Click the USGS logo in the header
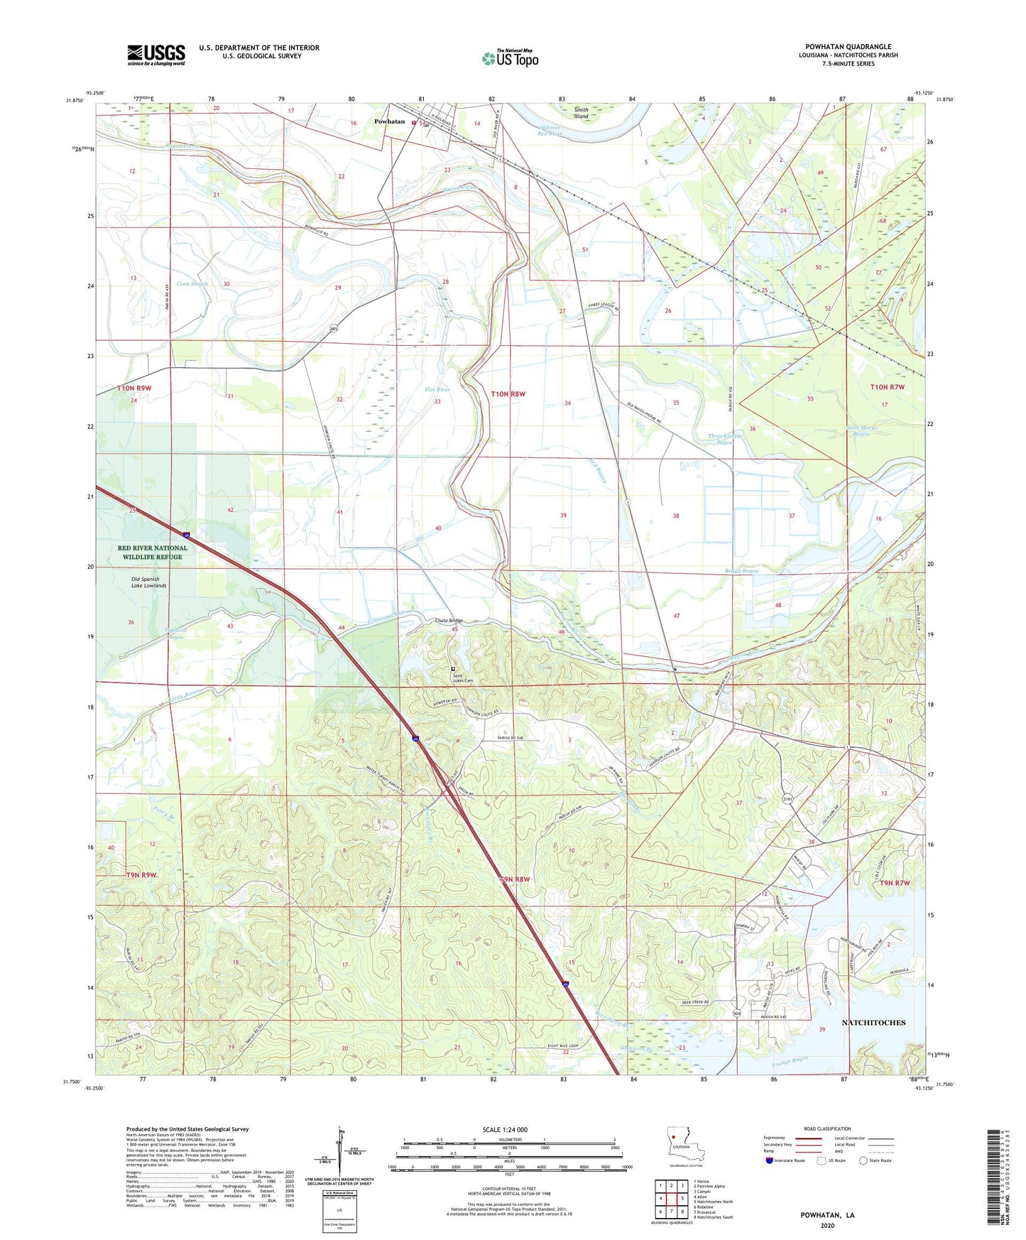[x=156, y=55]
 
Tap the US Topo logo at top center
[x=510, y=58]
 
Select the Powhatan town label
[x=389, y=121]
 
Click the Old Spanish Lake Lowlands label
[x=148, y=582]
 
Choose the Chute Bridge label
[x=449, y=621]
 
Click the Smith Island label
[x=581, y=113]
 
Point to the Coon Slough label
[x=192, y=283]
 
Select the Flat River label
[x=437, y=389]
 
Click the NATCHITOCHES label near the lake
[x=873, y=1023]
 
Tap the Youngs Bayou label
[x=789, y=1064]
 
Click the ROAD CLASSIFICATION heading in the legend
[x=827, y=1128]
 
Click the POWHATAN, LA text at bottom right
[x=827, y=1215]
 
